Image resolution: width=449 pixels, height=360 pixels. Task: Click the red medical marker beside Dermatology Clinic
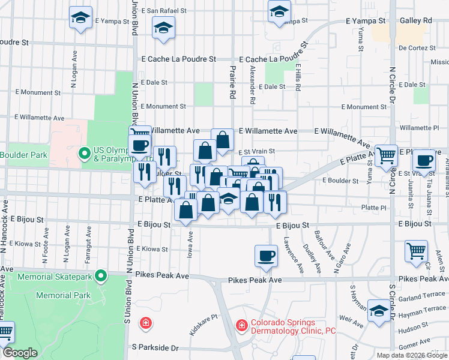[241, 325]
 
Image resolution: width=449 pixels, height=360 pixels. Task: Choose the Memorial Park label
[64, 295]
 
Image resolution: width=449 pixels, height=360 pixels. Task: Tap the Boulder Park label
[23, 155]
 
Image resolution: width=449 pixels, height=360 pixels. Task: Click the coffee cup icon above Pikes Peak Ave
[266, 256]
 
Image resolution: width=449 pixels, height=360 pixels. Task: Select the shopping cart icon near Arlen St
[416, 251]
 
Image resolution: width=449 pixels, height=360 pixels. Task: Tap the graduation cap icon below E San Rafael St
[163, 28]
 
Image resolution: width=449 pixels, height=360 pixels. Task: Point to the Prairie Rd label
[231, 82]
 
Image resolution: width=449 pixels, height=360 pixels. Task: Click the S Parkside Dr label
[155, 347]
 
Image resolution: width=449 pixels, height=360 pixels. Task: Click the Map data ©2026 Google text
[411, 355]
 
